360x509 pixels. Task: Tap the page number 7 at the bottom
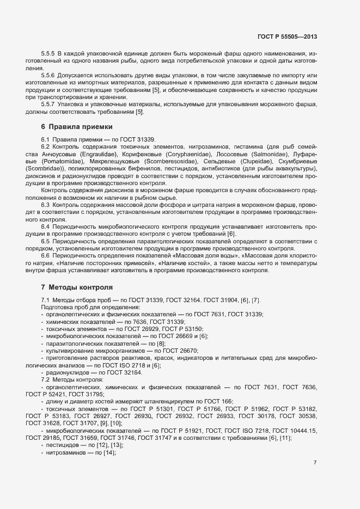tap(315, 463)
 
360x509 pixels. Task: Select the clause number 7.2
tap(46, 379)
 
